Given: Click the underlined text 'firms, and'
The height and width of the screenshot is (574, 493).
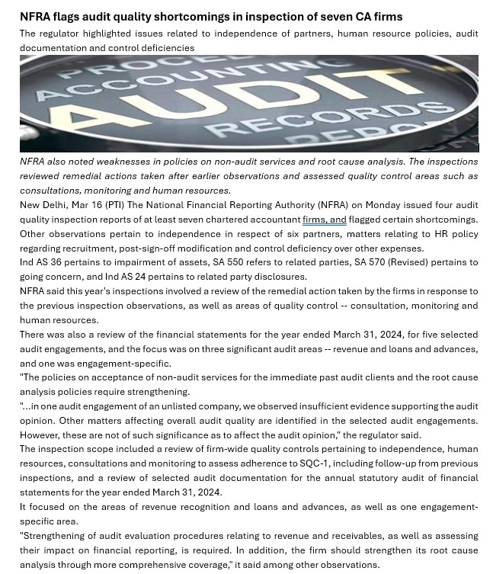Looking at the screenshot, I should [x=325, y=220].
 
